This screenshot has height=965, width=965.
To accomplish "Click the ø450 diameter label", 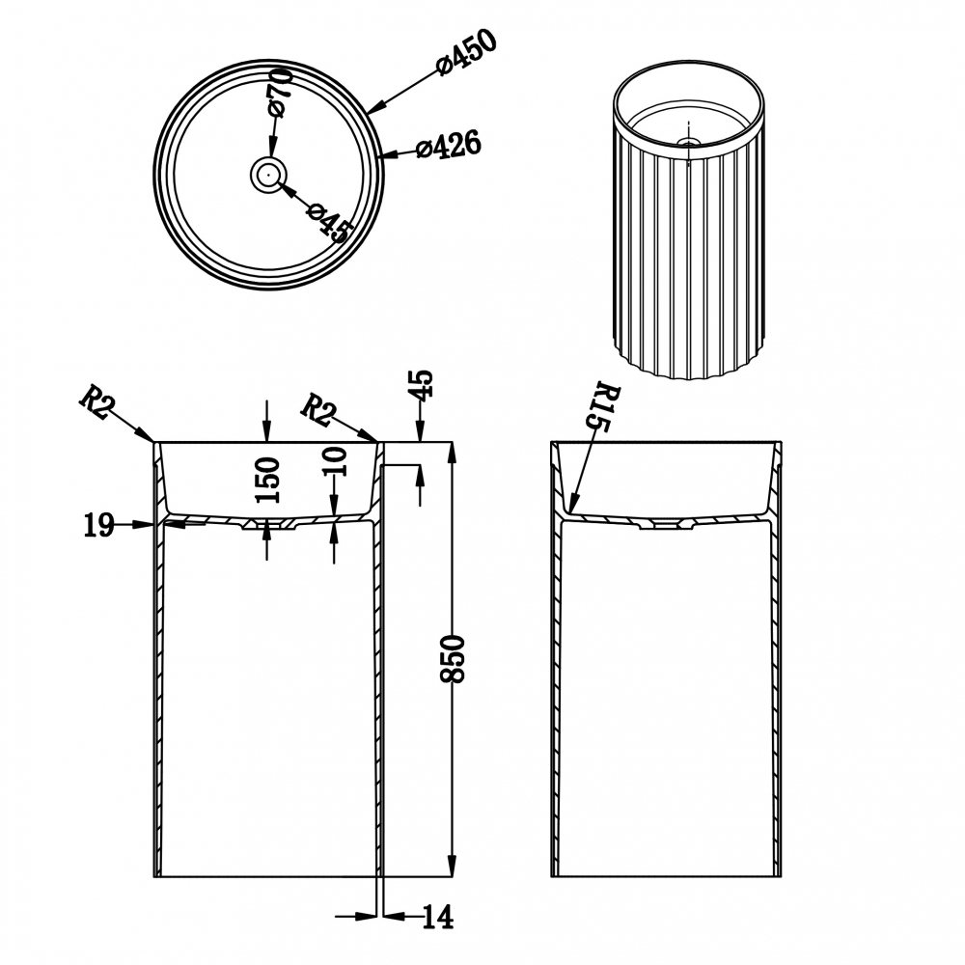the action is tap(466, 51).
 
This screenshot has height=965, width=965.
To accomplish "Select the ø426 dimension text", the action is tap(449, 146).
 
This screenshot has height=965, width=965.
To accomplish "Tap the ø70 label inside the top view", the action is tap(279, 93).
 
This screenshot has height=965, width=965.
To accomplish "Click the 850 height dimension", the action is tap(453, 658).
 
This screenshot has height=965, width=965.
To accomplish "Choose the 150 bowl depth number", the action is tap(267, 480).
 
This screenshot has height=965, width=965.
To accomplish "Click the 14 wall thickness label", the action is tap(437, 917).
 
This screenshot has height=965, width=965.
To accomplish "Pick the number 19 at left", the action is tap(98, 526).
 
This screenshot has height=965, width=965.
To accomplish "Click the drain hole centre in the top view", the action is tap(268, 174).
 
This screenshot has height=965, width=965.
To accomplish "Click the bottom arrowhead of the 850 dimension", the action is tap(453, 866).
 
